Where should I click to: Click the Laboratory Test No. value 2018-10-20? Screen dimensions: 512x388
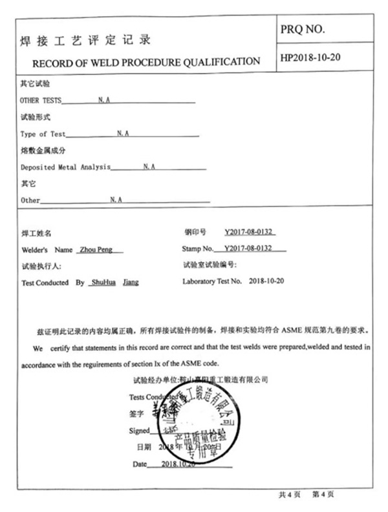point(266,282)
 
